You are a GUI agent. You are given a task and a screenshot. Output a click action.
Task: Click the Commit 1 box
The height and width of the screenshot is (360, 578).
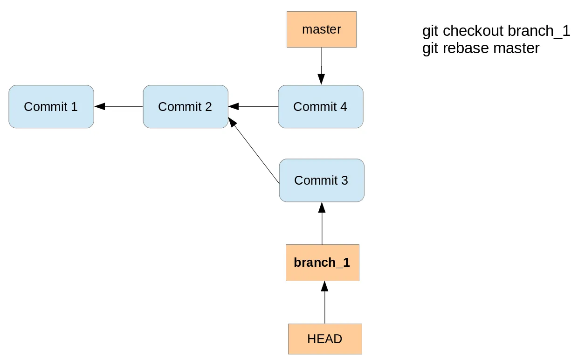[51, 106]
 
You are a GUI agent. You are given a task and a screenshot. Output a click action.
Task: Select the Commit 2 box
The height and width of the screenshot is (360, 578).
[185, 106]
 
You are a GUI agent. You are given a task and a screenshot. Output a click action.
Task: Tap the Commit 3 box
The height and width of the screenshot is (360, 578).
[321, 180]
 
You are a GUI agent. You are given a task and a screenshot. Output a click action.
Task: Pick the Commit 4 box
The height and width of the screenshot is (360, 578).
[320, 106]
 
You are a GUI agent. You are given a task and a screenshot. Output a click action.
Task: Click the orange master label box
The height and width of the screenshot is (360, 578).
[321, 29]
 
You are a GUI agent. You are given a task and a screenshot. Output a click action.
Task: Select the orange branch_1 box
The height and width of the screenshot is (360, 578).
[322, 263]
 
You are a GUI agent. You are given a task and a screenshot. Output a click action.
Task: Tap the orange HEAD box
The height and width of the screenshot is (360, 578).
[325, 339]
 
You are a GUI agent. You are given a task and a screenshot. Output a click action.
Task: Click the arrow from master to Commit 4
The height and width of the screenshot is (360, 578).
[321, 65]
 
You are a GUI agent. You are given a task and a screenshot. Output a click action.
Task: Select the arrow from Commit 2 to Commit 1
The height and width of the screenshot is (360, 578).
[119, 106]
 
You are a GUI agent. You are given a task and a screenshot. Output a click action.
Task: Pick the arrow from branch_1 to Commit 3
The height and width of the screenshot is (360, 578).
[322, 223]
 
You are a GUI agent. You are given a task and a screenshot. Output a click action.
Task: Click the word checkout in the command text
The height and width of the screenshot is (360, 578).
[473, 31]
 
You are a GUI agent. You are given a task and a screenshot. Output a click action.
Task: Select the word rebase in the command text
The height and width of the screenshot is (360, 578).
[466, 48]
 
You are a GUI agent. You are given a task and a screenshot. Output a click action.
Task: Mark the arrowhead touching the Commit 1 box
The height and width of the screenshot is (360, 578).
[99, 106]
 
